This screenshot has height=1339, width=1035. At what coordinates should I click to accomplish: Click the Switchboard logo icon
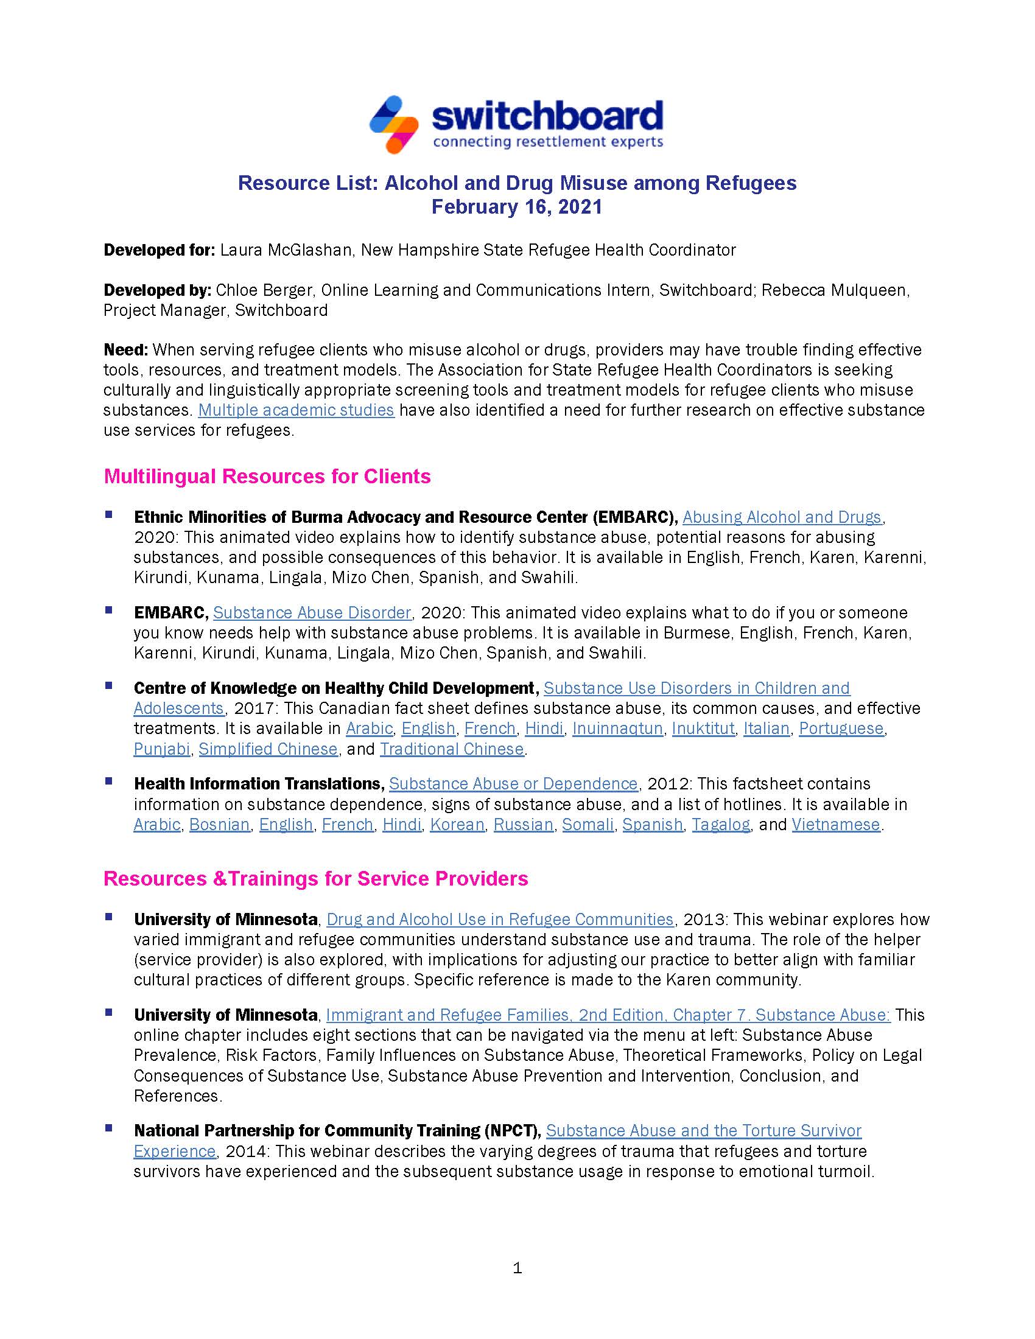tap(394, 124)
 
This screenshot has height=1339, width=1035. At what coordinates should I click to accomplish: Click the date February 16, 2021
tap(517, 206)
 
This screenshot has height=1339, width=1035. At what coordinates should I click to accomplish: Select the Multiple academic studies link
tap(295, 410)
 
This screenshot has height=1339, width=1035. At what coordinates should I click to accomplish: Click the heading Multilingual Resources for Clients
tap(267, 477)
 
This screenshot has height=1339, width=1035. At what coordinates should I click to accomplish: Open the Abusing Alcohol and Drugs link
tap(782, 517)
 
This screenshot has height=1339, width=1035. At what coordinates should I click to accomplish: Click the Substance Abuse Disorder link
tap(312, 612)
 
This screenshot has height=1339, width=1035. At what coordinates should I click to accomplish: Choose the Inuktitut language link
tap(703, 729)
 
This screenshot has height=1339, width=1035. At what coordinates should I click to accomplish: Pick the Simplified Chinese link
tap(268, 749)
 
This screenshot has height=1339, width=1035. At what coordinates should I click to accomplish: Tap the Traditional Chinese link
tap(452, 749)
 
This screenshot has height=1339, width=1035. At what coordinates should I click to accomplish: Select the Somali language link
tap(588, 825)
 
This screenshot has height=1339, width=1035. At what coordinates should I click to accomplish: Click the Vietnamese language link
tap(836, 825)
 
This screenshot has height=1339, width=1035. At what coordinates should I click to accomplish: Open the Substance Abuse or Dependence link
tap(513, 783)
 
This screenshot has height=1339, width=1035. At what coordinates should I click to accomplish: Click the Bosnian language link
tap(220, 825)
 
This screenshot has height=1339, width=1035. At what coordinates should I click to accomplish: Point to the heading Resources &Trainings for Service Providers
tap(316, 878)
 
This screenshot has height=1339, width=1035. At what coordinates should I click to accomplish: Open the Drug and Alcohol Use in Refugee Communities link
tap(500, 919)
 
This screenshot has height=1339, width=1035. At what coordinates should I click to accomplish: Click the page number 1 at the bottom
tap(517, 1268)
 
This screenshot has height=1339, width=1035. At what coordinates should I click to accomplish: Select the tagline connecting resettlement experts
tap(547, 142)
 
